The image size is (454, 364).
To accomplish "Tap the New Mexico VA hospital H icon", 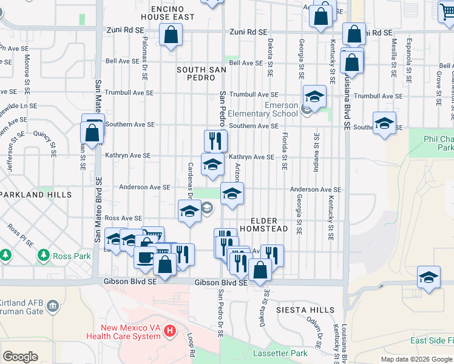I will [171, 332].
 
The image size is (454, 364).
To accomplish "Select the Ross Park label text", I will [72, 256].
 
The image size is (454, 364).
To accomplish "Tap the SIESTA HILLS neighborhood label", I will [305, 310].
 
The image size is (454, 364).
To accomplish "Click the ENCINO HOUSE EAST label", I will [172, 13].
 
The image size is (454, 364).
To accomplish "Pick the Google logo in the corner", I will [20, 357].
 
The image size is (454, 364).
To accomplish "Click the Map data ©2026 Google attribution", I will [417, 359].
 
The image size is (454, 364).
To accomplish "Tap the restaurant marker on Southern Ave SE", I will [215, 141].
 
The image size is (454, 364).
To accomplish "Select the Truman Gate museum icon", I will [53, 304].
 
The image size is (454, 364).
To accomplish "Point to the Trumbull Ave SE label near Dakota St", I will [255, 95].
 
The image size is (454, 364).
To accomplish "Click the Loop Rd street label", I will [191, 345].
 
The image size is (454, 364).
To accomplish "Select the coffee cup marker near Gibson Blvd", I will [144, 257].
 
